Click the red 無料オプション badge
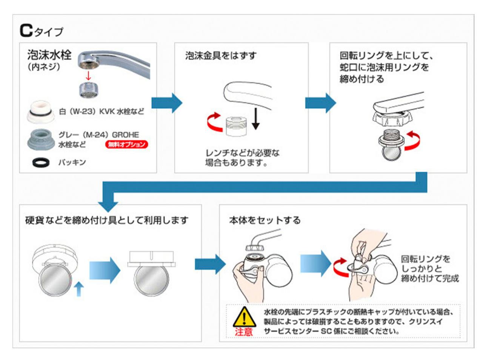126,144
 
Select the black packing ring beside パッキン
41,162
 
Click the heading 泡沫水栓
49,55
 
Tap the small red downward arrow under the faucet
89,75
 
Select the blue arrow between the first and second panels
166,103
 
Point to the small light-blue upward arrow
78,289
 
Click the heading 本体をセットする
265,220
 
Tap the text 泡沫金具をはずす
220,56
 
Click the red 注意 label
244,332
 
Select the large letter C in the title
26,31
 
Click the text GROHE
125,135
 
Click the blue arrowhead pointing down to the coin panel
108,206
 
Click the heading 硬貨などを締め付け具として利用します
107,220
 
